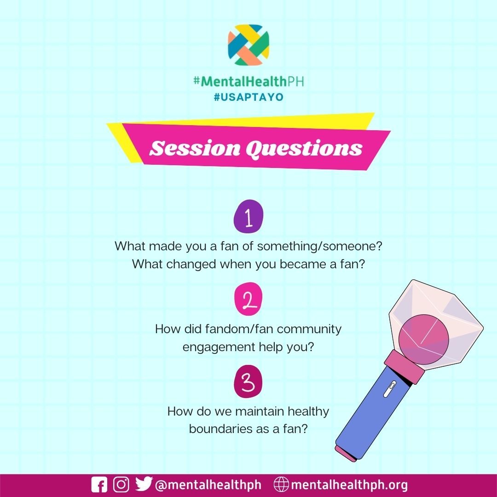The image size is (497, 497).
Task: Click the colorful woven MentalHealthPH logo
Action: (x=248, y=45)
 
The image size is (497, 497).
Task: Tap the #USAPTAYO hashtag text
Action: (x=248, y=98)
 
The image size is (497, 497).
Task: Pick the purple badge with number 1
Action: (x=248, y=219)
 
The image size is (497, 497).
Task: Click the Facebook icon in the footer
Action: (x=99, y=485)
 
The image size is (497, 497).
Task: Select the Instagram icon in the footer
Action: (x=121, y=485)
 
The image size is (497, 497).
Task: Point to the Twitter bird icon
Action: (x=144, y=485)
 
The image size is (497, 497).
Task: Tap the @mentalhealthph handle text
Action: (x=208, y=485)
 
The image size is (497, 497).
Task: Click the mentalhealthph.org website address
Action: (x=349, y=485)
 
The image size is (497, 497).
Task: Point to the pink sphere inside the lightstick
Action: (x=423, y=338)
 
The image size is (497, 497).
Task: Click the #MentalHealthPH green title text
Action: (x=248, y=82)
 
